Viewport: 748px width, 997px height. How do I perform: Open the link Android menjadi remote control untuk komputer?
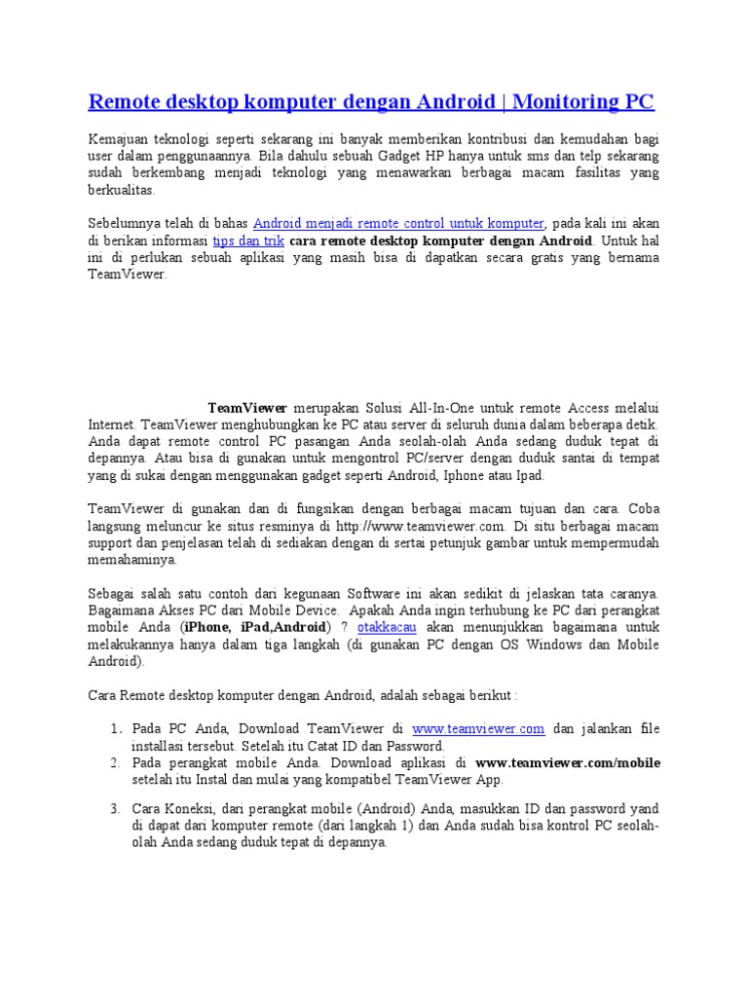coord(398,223)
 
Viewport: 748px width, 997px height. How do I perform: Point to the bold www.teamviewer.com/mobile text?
coord(568,762)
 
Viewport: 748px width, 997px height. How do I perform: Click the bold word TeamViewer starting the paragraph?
coord(247,408)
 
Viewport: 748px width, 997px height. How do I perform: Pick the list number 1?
coord(114,727)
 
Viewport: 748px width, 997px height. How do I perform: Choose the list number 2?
coord(114,762)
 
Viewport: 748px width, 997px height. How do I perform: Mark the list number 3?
coord(114,808)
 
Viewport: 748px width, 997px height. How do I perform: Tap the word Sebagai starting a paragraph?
coord(113,592)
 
